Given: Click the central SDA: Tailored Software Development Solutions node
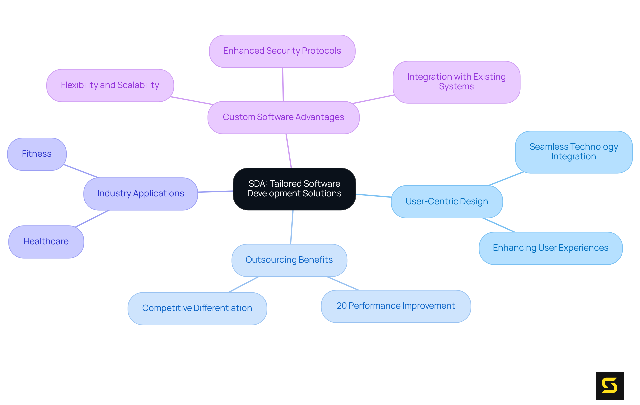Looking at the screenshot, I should pos(294,189).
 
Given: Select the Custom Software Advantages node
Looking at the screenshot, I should pos(283,117).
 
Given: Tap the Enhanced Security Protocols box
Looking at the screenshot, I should pos(282,51).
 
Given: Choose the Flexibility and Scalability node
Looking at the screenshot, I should pos(110,85).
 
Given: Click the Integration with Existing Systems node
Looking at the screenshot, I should pos(456,82).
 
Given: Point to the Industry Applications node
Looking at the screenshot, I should pos(140,194).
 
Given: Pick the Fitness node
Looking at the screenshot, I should pos(37,154).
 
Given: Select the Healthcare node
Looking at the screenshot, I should pos(46,242).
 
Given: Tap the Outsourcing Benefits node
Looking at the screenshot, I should pos(289,260).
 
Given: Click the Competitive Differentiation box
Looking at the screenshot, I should pos(197,308).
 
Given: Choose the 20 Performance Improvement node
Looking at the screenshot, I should pos(396,306).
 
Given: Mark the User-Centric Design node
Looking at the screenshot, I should pos(447,202).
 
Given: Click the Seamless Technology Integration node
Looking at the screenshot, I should pos(574,152).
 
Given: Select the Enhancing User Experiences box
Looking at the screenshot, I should pos(550,248).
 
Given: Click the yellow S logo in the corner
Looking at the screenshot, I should pos(610,385).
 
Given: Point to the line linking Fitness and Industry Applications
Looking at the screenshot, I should pos(81,171).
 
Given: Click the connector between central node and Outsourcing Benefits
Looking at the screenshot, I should pos(292,227).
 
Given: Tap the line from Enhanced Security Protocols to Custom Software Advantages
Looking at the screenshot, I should pos(283,84).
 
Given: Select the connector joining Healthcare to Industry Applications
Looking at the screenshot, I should pos(92,219).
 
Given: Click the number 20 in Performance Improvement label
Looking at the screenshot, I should pos(342,306).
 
